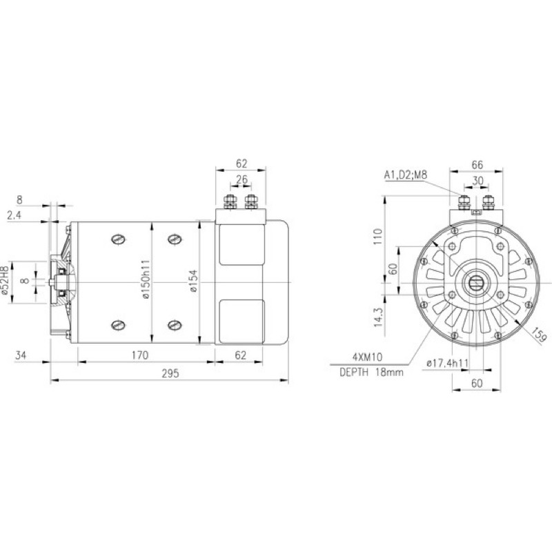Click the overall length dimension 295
point(170,373)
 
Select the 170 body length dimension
point(140,355)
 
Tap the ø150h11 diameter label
point(146,279)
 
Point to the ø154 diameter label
point(193,281)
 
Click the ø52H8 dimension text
point(4,280)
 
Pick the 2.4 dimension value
point(14,215)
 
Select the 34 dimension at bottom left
point(21,355)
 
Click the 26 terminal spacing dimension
point(241,179)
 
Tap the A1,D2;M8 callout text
point(406,175)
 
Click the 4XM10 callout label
point(367,357)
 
